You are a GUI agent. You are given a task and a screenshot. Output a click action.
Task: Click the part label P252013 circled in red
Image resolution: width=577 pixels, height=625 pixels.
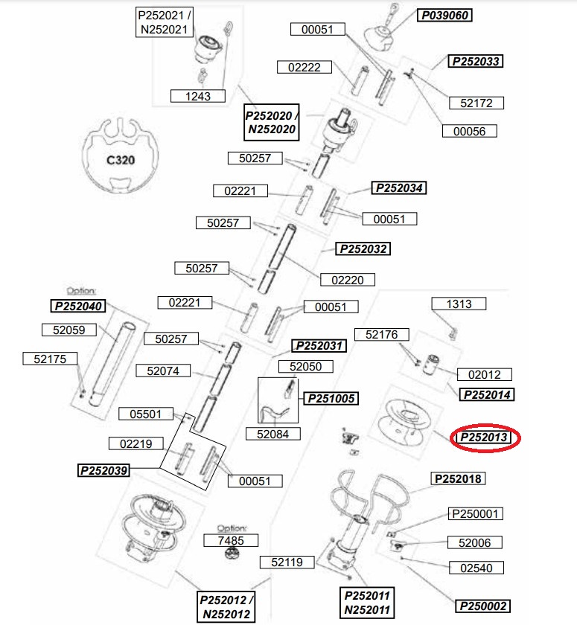[x=483, y=437]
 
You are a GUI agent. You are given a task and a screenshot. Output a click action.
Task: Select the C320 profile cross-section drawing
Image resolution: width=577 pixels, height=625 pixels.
[x=121, y=156]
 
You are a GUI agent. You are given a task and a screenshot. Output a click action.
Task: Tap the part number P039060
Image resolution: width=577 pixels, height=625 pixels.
[x=444, y=15]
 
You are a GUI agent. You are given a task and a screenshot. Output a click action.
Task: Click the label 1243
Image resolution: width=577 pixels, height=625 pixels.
[x=198, y=96]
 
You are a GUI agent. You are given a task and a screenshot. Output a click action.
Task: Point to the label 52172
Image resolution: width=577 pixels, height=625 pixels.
[x=476, y=103]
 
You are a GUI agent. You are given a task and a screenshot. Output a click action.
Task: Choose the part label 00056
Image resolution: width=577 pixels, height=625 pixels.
[x=469, y=131]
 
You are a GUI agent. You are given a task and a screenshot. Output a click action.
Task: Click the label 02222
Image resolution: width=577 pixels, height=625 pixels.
[x=305, y=67]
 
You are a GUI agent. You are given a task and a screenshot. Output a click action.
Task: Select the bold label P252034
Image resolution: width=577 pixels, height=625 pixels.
[x=399, y=187]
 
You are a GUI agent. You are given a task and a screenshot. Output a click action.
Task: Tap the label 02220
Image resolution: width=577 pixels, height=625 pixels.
[x=347, y=280]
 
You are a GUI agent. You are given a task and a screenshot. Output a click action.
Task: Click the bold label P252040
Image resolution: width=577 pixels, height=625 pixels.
[x=78, y=306]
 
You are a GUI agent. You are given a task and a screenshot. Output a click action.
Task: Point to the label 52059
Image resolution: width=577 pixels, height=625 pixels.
[x=69, y=330]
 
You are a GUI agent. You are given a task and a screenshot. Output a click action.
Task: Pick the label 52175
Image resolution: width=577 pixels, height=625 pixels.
[x=50, y=359]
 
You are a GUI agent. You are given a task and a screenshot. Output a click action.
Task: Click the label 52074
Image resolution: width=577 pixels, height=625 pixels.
[x=163, y=371]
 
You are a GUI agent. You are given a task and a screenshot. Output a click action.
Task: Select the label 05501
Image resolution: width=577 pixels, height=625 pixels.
[x=146, y=414]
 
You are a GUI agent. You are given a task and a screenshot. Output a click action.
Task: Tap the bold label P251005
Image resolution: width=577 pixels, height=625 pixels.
[x=331, y=398]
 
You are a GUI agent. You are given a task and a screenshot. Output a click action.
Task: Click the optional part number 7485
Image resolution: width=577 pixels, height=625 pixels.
[x=231, y=540]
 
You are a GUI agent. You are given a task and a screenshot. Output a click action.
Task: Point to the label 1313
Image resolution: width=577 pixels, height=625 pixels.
[x=459, y=304]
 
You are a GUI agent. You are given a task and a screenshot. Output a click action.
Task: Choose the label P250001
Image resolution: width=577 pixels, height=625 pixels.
[x=475, y=514]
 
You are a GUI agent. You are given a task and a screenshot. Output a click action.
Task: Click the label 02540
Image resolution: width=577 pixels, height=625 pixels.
[x=476, y=568]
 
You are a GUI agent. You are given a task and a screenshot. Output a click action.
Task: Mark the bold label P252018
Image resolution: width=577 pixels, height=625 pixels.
[x=458, y=478]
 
